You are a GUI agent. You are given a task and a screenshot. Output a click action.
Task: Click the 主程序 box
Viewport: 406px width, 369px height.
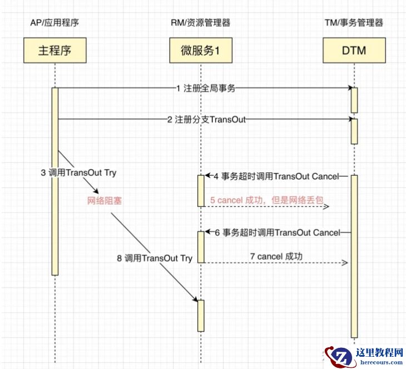tap(55, 51)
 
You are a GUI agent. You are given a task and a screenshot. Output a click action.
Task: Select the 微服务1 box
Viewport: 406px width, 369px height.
tap(201, 51)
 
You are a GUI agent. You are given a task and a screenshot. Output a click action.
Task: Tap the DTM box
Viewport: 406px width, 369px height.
tap(354, 51)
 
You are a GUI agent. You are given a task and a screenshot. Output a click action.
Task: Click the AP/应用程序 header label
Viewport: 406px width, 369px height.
tap(55, 23)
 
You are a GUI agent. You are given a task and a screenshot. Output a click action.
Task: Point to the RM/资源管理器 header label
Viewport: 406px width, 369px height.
tap(201, 23)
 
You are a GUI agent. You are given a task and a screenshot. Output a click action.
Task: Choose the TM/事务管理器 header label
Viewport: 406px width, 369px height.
tap(354, 23)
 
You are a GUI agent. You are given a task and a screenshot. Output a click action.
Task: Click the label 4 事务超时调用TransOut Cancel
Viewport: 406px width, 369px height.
tap(277, 176)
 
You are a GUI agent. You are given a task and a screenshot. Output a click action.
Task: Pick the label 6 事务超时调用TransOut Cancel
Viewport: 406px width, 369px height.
tap(277, 232)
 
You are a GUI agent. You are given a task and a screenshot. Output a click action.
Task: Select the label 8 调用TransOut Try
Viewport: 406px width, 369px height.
tap(154, 258)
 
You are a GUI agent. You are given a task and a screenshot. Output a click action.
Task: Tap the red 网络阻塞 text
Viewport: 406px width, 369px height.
tap(105, 201)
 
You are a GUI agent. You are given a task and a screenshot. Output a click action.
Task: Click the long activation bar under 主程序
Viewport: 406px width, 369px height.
tap(55, 181)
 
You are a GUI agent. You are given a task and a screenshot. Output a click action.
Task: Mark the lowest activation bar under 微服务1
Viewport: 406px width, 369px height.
tap(201, 316)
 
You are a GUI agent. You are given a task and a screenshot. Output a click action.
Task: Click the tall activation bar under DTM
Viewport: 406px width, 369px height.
tap(354, 256)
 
